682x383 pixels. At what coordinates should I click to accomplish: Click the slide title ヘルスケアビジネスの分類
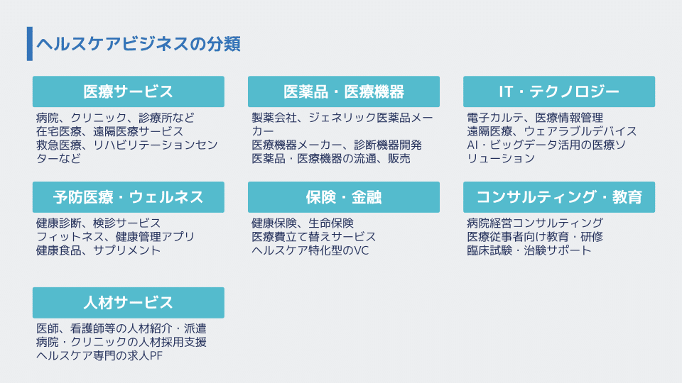[139, 44]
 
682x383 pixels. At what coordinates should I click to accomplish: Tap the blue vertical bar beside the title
[30, 44]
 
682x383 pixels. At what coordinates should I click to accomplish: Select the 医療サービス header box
[129, 91]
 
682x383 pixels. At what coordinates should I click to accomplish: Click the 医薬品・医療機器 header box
[344, 91]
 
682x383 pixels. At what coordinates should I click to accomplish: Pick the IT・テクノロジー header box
[559, 91]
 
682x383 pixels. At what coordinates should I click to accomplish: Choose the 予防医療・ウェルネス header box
[129, 197]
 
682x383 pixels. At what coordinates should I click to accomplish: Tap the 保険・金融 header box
[344, 197]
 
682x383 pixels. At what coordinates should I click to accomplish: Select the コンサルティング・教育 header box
[559, 197]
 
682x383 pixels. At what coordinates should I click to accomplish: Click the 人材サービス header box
[129, 303]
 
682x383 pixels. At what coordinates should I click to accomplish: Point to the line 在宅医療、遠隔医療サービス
[110, 131]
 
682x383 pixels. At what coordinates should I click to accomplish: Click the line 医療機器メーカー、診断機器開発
[337, 145]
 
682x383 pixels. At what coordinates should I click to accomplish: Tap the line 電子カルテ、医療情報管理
[535, 118]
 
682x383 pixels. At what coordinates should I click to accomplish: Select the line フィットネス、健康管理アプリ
[115, 237]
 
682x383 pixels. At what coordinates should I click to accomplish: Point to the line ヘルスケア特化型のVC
[310, 250]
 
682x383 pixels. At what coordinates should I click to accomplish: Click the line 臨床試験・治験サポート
[529, 250]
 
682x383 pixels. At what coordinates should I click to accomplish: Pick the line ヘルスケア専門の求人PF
[99, 356]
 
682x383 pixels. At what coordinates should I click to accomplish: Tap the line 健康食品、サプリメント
[98, 250]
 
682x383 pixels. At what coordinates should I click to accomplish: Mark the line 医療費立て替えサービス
[313, 237]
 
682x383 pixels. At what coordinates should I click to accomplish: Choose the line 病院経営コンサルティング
[535, 223]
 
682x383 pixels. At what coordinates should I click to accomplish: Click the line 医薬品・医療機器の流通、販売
[331, 159]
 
